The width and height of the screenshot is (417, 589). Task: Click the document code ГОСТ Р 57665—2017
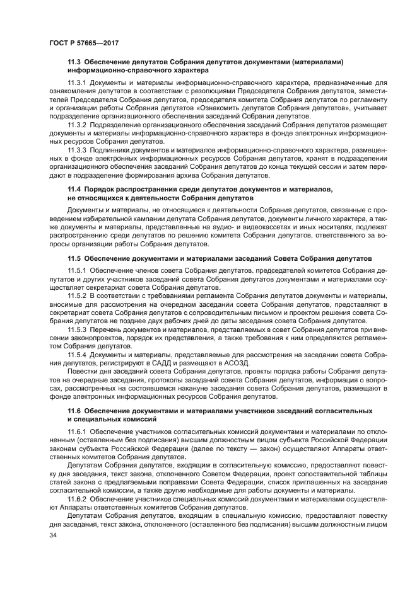(x=84, y=42)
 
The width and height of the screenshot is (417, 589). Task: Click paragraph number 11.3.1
(x=78, y=83)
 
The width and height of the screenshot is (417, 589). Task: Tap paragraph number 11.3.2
(x=78, y=125)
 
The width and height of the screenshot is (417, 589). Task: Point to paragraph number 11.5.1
(x=78, y=270)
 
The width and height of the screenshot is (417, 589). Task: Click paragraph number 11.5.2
(x=78, y=295)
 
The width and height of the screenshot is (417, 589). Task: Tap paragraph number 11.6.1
(x=78, y=431)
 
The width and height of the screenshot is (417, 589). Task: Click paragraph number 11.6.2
(x=78, y=498)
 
